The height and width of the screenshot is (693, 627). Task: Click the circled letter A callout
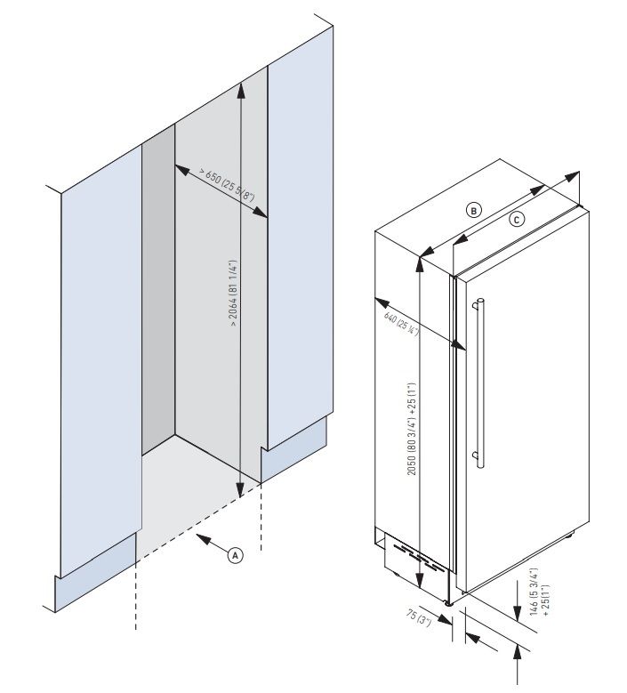(x=235, y=555)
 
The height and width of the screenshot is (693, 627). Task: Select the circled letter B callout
(x=474, y=210)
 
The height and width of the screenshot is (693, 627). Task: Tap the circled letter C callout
(x=517, y=219)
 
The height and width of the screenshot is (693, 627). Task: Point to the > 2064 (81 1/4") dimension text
(x=232, y=294)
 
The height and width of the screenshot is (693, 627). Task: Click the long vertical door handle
(x=479, y=383)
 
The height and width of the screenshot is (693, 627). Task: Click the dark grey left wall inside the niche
(x=158, y=285)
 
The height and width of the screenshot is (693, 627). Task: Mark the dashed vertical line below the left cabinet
(x=135, y=596)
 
